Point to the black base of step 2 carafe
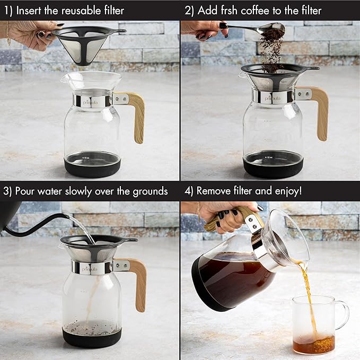pos(274,169)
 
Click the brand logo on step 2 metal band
pos(273,98)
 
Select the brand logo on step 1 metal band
pos(93,100)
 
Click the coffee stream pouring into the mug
pos(307,289)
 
